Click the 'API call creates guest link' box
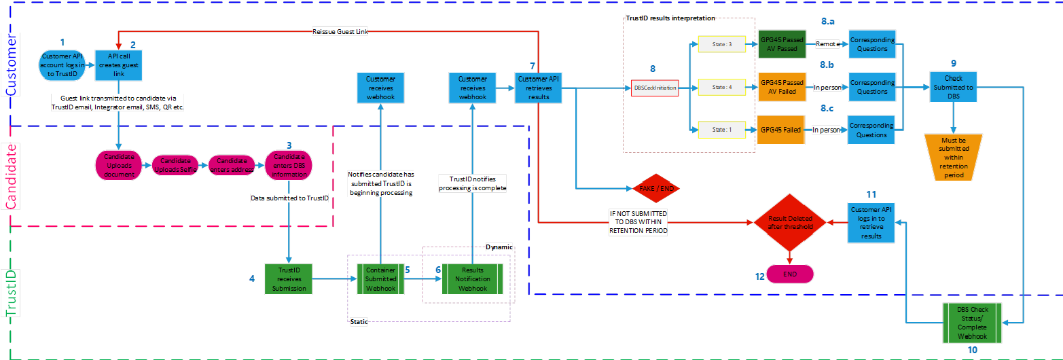tap(118, 65)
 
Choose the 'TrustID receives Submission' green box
tap(289, 278)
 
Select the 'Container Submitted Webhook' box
tap(380, 278)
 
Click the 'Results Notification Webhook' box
tap(472, 278)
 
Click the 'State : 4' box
tap(721, 88)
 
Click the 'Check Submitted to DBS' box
tap(953, 88)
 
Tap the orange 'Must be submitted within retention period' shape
tap(953, 156)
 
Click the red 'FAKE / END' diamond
tap(655, 187)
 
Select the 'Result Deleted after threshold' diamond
tap(789, 223)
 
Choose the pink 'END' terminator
tap(789, 273)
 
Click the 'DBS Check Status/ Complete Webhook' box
tap(971, 323)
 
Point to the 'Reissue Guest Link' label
tap(340, 32)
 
